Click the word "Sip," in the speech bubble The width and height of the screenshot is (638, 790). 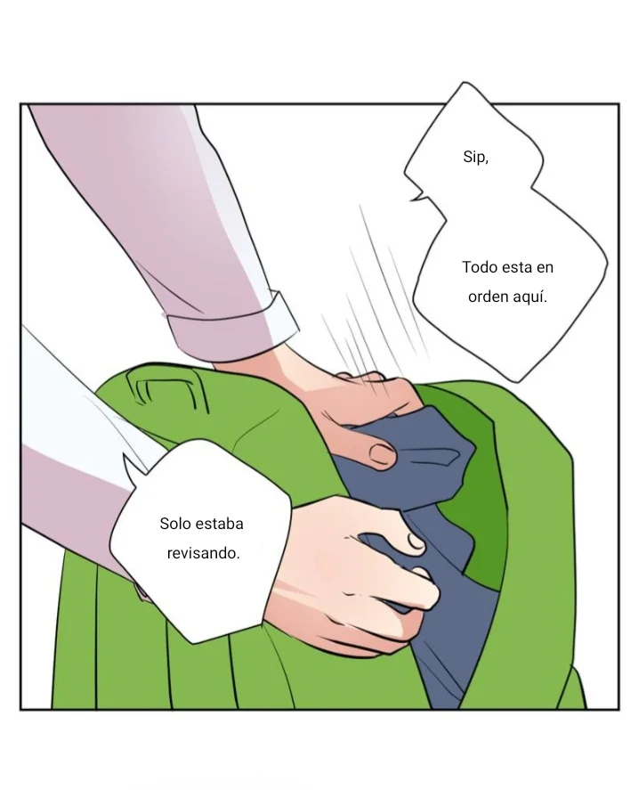(475, 158)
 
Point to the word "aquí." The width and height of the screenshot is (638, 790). (529, 297)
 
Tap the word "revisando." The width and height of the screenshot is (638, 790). (203, 553)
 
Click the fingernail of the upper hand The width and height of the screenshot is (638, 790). (382, 455)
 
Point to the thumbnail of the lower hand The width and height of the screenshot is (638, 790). (414, 540)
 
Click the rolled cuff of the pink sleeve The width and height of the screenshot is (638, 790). (236, 330)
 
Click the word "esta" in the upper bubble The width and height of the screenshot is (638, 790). (518, 267)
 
